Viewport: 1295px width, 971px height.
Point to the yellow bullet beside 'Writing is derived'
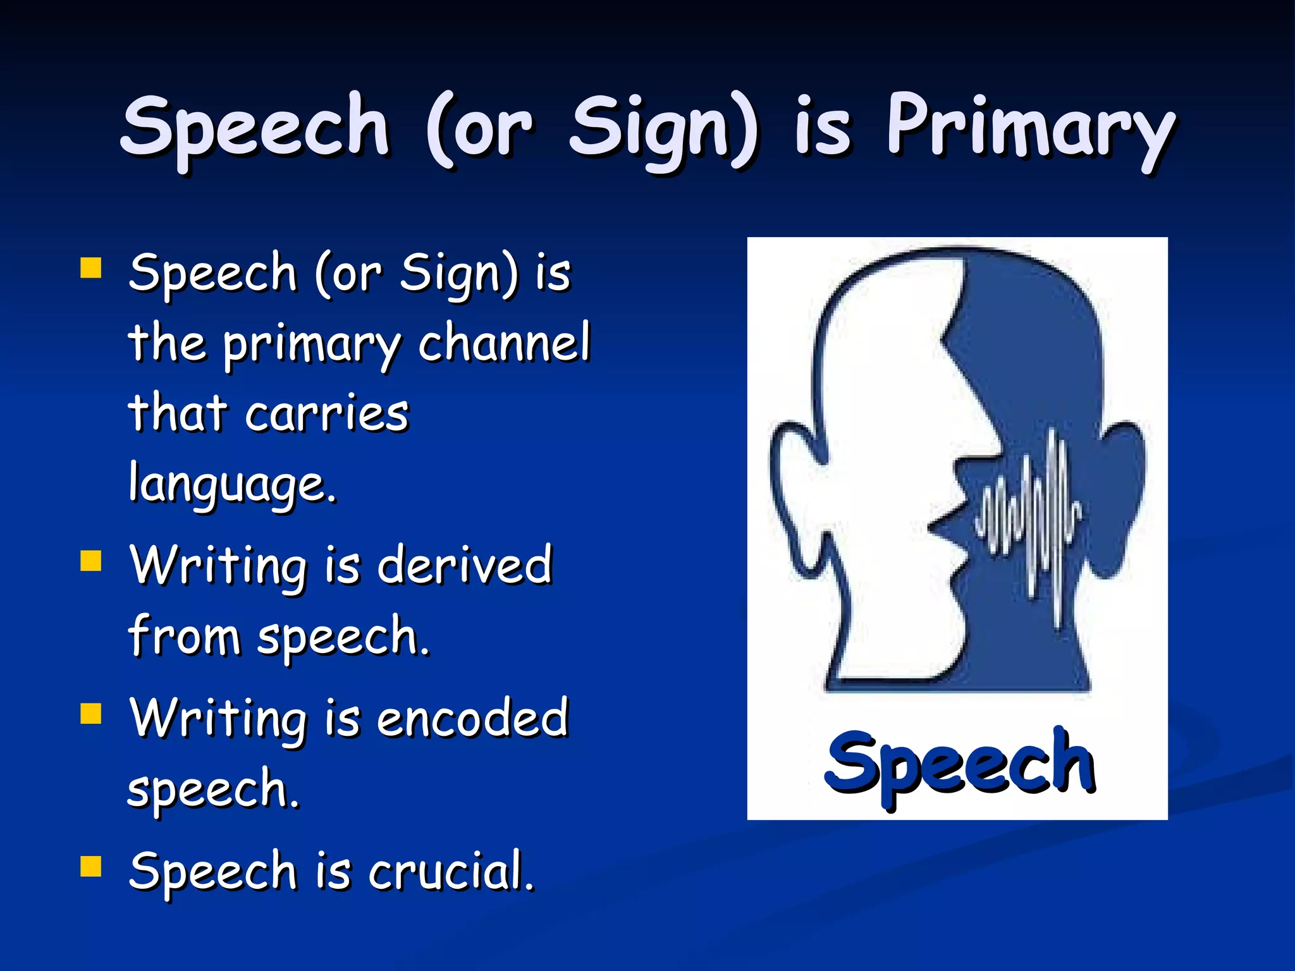coord(91,560)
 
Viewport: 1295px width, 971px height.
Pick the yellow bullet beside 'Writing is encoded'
coord(91,713)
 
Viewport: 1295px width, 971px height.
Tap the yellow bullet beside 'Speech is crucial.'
coord(91,867)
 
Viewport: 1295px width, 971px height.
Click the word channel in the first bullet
coord(504,343)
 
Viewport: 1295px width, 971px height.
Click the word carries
coord(327,414)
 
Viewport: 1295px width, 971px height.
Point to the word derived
coord(465,565)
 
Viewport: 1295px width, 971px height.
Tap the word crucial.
coord(451,871)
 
